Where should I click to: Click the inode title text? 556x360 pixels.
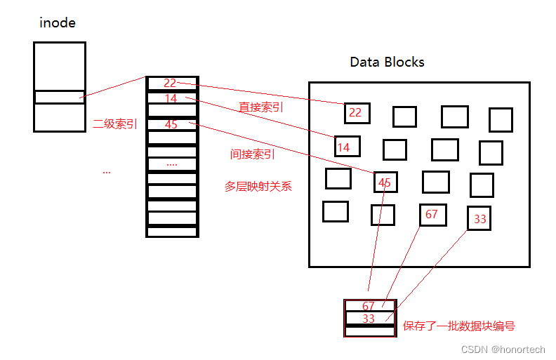pos(57,23)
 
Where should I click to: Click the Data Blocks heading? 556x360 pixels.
pos(387,62)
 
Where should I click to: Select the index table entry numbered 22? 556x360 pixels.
pos(171,84)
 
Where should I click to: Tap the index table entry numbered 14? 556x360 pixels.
pos(171,99)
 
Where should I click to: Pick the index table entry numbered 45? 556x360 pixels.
pos(171,124)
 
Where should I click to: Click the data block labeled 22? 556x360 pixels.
pos(357,113)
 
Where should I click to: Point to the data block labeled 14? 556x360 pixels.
pos(347,147)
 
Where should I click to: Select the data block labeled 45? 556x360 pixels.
pos(385,182)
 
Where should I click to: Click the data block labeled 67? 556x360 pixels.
pos(432,215)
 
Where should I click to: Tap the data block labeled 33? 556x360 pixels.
pos(479,219)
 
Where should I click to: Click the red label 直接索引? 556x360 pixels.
pos(261,107)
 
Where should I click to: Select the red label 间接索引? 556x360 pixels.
pos(252,154)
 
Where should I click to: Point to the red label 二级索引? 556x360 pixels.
pos(115,124)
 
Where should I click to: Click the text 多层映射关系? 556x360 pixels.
pos(258,187)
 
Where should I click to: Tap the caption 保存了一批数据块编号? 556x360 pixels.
pos(458,326)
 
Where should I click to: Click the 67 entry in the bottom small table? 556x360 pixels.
pos(369,306)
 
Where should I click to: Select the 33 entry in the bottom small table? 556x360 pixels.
pos(369,318)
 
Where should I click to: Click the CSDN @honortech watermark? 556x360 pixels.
pos(503,349)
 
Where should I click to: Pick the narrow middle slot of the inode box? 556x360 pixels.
pos(60,97)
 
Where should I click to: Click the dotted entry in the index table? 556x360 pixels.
pos(171,164)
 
